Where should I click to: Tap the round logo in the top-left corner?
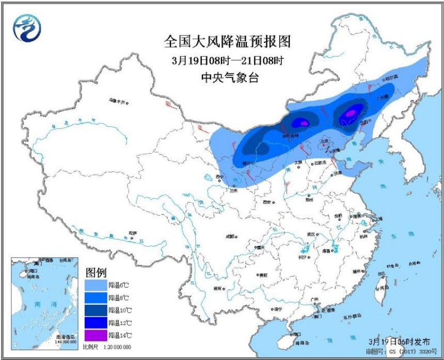click(x=25, y=28)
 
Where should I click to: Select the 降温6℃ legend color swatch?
click(x=96, y=285)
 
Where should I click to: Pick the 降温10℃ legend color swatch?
click(x=96, y=310)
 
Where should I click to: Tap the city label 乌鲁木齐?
click(x=118, y=101)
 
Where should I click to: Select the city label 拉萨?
click(x=133, y=233)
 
